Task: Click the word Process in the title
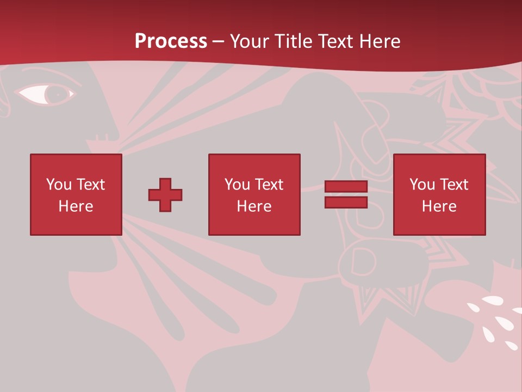[x=171, y=41]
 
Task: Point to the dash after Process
[x=218, y=41]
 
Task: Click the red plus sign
[x=165, y=194]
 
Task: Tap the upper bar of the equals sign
[x=346, y=187]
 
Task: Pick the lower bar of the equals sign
[x=346, y=202]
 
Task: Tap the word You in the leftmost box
[x=59, y=185]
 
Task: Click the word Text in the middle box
[x=269, y=185]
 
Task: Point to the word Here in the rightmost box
[x=439, y=206]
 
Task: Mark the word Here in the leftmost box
[x=76, y=206]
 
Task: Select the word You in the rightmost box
[x=422, y=185]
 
